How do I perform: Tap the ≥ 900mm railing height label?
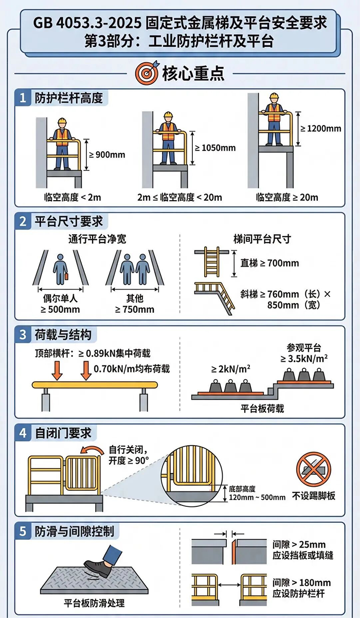pyautogui.click(x=107, y=154)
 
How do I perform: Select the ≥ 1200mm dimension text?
pyautogui.click(x=320, y=128)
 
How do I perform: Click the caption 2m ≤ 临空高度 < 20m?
pyautogui.click(x=179, y=197)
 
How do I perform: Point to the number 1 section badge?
pyautogui.click(x=23, y=98)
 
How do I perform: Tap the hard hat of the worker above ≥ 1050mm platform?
pyautogui.click(x=168, y=115)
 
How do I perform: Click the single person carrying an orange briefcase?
pyautogui.click(x=60, y=270)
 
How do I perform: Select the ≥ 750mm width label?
pyautogui.click(x=135, y=309)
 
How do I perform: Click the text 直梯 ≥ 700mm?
pyautogui.click(x=269, y=263)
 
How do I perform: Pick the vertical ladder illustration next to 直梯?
pyautogui.click(x=212, y=261)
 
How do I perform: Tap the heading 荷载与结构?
pyautogui.click(x=63, y=334)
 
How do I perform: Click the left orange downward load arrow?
pyautogui.click(x=57, y=370)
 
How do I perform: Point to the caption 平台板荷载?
pyautogui.click(x=262, y=409)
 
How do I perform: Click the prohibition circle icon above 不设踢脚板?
pyautogui.click(x=313, y=469)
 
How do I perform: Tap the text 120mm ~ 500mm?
pyautogui.click(x=257, y=497)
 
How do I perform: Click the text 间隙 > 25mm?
pyautogui.click(x=299, y=544)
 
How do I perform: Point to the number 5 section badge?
pyautogui.click(x=23, y=531)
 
